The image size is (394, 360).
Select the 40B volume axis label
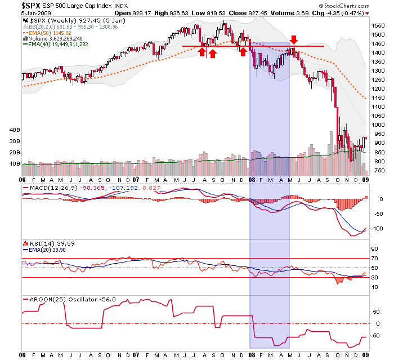pyautogui.click(x=13, y=130)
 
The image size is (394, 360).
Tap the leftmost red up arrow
pyautogui.click(x=202, y=52)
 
